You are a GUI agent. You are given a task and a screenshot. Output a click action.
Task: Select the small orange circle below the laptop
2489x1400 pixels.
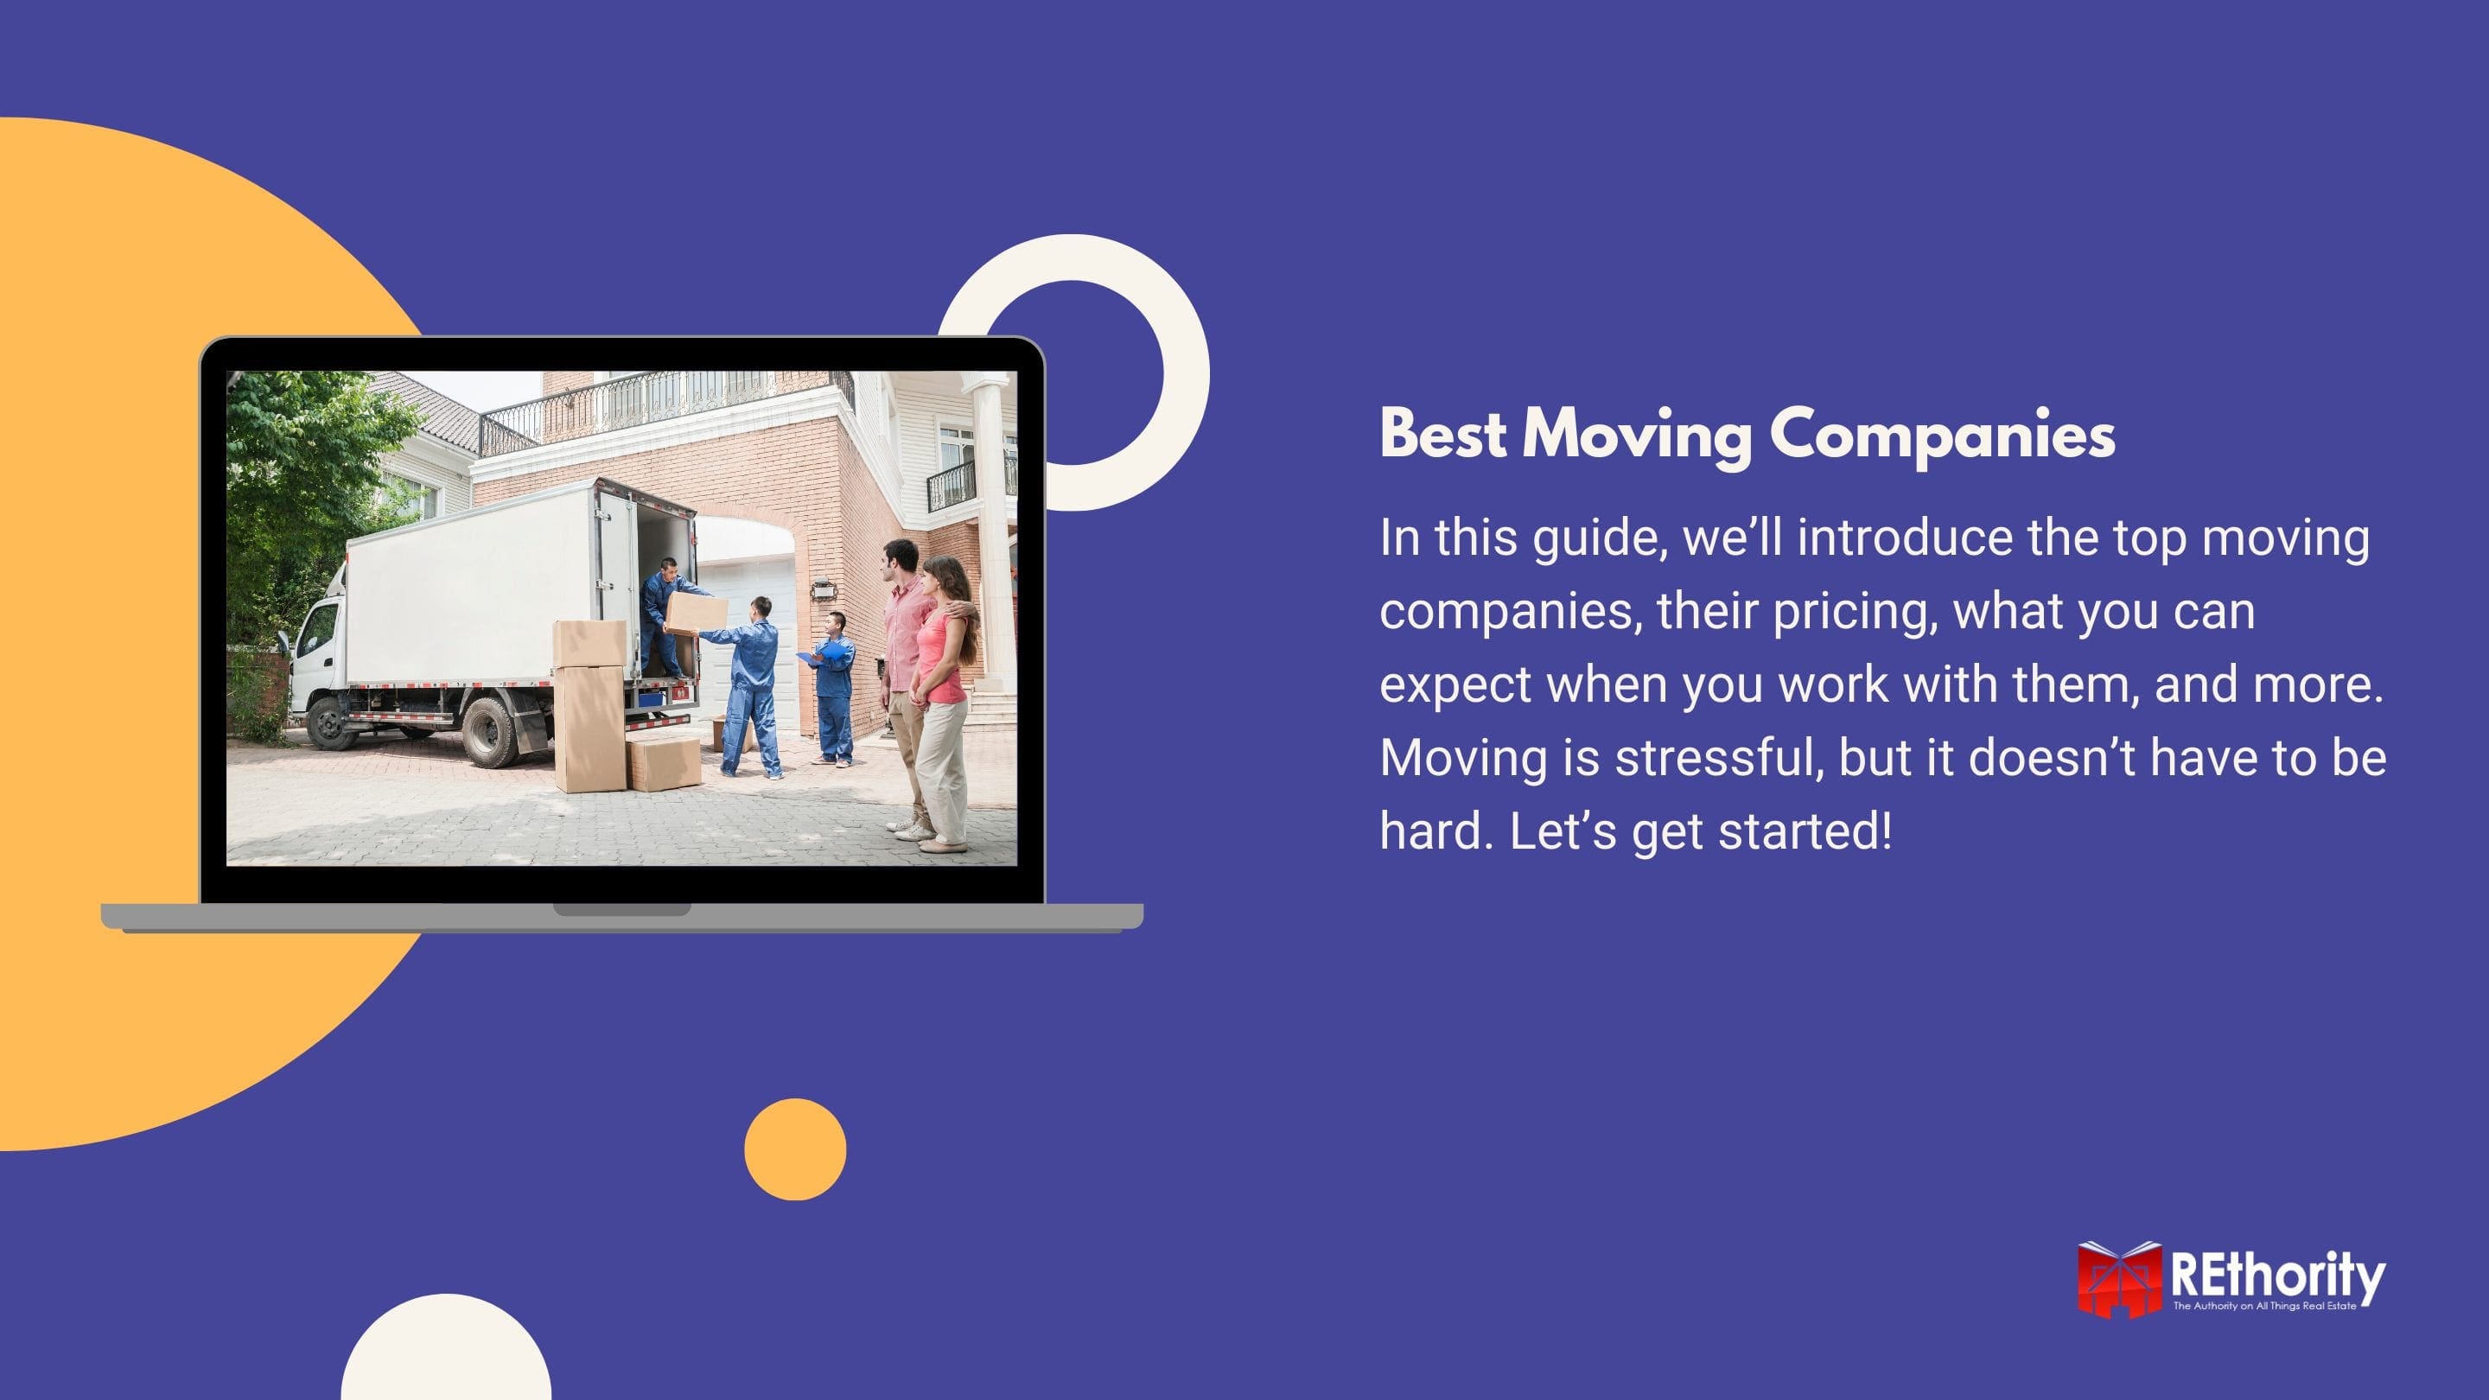(795, 1149)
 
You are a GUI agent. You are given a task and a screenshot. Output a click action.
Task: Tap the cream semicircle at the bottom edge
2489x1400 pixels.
(447, 1352)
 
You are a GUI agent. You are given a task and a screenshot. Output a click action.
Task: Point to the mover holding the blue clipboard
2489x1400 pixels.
(833, 687)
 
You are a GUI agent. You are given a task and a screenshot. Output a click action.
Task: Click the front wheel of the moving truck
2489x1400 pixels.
(331, 722)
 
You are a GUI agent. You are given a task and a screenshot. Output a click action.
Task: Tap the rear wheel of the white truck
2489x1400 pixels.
(491, 731)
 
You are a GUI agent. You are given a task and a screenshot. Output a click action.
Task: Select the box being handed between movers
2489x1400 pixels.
(696, 613)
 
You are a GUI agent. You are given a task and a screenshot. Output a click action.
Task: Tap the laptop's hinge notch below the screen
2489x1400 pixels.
(621, 909)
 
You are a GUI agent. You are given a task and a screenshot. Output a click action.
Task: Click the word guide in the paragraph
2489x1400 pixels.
(1600, 538)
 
